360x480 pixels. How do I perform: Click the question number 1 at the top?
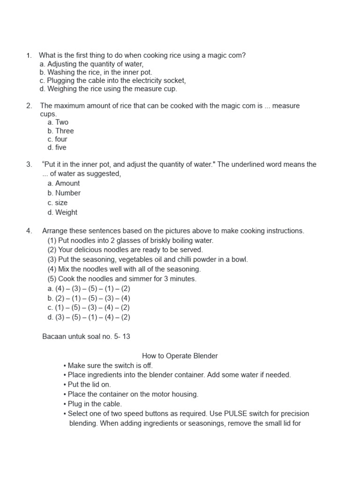28,55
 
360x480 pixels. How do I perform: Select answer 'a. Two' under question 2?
58,122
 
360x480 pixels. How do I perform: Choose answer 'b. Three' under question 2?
60,131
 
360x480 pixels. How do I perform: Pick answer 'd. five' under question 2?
57,148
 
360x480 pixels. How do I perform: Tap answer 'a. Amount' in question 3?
63,183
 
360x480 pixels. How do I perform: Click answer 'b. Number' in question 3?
64,193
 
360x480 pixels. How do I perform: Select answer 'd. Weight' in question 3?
62,212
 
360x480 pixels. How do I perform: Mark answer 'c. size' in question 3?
57,203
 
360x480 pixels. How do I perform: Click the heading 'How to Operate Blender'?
180,356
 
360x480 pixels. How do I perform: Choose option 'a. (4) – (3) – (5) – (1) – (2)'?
89,289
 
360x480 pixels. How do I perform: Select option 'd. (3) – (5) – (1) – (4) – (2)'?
89,317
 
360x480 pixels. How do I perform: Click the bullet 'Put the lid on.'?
89,384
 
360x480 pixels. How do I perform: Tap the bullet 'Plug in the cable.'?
95,404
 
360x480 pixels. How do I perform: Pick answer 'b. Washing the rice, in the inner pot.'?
96,72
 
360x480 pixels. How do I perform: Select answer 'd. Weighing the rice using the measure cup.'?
108,89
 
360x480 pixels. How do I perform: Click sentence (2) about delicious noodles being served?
125,250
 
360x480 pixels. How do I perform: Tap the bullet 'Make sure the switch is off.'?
110,366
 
